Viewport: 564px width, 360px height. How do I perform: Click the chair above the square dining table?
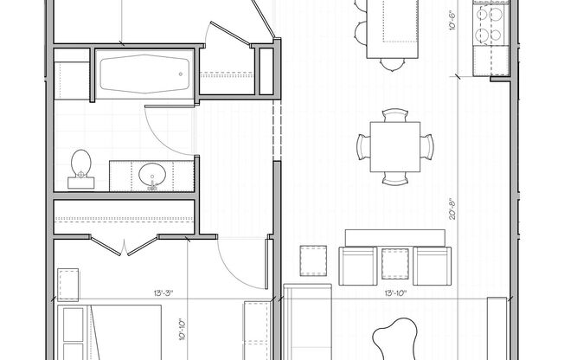[x=394, y=116]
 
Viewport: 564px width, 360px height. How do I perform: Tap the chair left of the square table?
[x=361, y=146]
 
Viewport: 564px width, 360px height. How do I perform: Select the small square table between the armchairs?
[x=394, y=263]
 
